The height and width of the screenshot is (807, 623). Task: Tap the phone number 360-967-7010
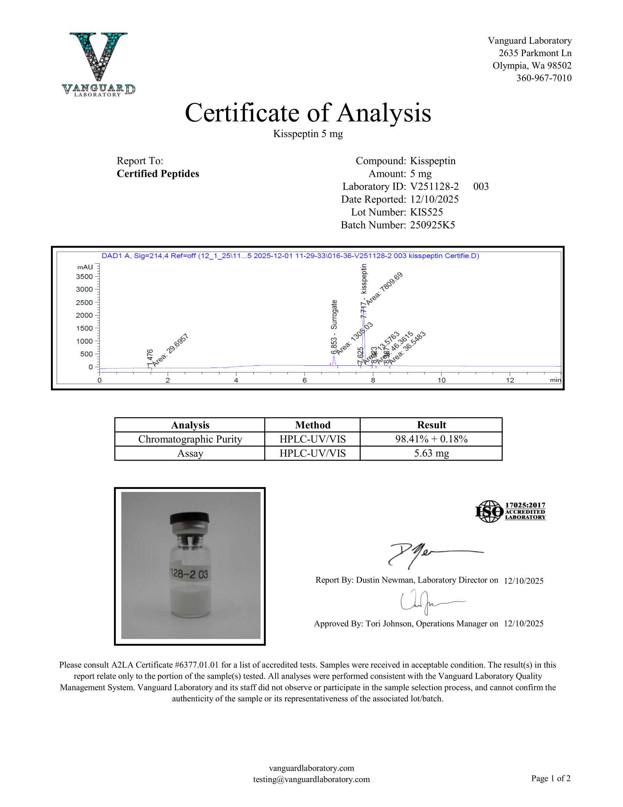[x=543, y=78]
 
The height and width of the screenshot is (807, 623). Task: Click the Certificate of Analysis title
[x=308, y=113]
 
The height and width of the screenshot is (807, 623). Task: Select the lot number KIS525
[x=426, y=212]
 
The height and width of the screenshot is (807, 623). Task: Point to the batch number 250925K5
[x=432, y=225]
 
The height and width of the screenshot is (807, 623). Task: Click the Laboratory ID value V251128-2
[x=434, y=186]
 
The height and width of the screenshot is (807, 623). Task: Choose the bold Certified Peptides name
[x=158, y=174]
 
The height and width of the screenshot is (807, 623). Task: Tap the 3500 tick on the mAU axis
[x=85, y=277]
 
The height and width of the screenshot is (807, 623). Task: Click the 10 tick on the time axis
[x=442, y=380]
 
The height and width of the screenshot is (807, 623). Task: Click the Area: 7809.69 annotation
[x=384, y=288]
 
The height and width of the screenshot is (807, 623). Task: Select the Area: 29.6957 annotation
[x=170, y=350]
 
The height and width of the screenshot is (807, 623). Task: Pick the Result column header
[x=431, y=425]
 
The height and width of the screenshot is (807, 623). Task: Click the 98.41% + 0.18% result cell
[x=431, y=439]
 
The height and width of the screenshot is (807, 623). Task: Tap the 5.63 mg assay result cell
[x=431, y=453]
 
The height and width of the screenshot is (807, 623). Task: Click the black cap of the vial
[x=190, y=519]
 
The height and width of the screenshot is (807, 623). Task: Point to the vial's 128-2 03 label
[x=189, y=574]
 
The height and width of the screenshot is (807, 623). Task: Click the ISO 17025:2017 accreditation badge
[x=510, y=511]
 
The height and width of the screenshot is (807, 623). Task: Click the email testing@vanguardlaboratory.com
[x=311, y=779]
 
